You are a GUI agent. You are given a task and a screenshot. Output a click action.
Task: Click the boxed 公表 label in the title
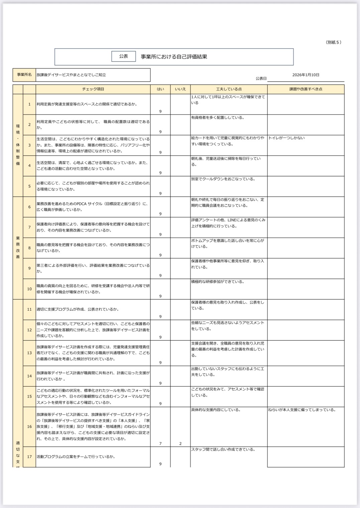point(124,57)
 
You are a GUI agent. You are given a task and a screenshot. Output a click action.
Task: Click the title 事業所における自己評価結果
point(174,57)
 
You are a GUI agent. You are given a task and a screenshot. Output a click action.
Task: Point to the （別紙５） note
point(333,42)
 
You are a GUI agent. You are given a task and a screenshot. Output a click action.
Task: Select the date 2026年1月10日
point(306,75)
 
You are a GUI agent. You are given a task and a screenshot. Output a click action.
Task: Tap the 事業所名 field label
point(24,75)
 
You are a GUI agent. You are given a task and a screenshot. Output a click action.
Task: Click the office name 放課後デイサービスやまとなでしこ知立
point(71,75)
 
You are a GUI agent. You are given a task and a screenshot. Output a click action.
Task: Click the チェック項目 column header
point(93,89)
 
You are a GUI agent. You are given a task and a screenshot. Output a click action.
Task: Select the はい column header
point(160,89)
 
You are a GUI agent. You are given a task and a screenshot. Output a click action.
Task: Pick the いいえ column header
point(180,89)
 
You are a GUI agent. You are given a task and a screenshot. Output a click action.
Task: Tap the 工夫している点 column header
point(229,89)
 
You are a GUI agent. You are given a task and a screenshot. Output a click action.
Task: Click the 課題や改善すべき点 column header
point(306,89)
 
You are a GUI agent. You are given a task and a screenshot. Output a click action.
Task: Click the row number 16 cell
point(29,427)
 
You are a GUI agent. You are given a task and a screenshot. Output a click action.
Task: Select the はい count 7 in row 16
point(160,443)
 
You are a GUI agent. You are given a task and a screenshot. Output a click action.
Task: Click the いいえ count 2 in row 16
point(181,443)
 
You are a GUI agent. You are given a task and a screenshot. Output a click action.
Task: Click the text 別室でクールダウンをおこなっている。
point(223,179)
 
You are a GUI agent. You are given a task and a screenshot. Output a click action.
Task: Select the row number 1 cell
point(29,104)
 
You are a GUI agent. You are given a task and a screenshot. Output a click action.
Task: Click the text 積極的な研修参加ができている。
point(218,282)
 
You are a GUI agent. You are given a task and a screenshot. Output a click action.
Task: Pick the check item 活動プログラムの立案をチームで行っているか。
point(76,456)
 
